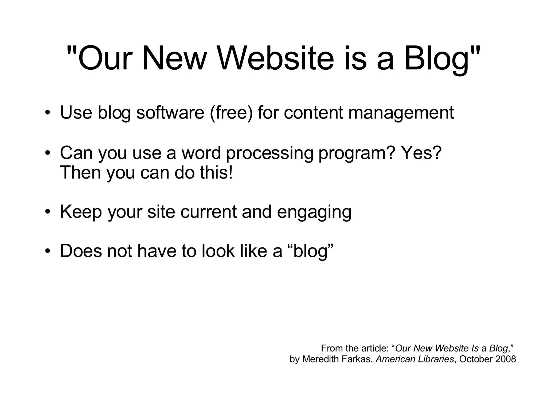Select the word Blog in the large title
click(x=437, y=58)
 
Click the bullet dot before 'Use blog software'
click(x=47, y=113)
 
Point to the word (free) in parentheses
click(x=231, y=113)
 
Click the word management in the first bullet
click(x=401, y=113)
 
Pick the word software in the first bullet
click(x=170, y=113)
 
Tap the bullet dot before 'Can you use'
click(x=47, y=153)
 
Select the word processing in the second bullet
click(x=269, y=153)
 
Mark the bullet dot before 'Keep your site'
click(x=47, y=212)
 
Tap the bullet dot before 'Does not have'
click(x=47, y=251)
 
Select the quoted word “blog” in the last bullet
click(x=311, y=251)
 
